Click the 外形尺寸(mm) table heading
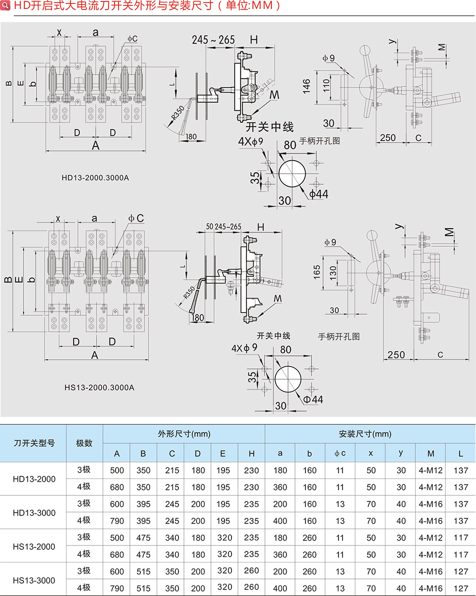pyautogui.click(x=183, y=434)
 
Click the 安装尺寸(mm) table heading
pyautogui.click(x=369, y=434)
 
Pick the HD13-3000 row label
pyautogui.click(x=33, y=512)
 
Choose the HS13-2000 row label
pyautogui.click(x=33, y=546)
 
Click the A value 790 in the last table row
pyautogui.click(x=116, y=588)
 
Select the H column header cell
pyautogui.click(x=251, y=454)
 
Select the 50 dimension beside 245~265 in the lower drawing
pyautogui.click(x=209, y=227)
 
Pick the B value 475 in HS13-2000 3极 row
pyautogui.click(x=143, y=538)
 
